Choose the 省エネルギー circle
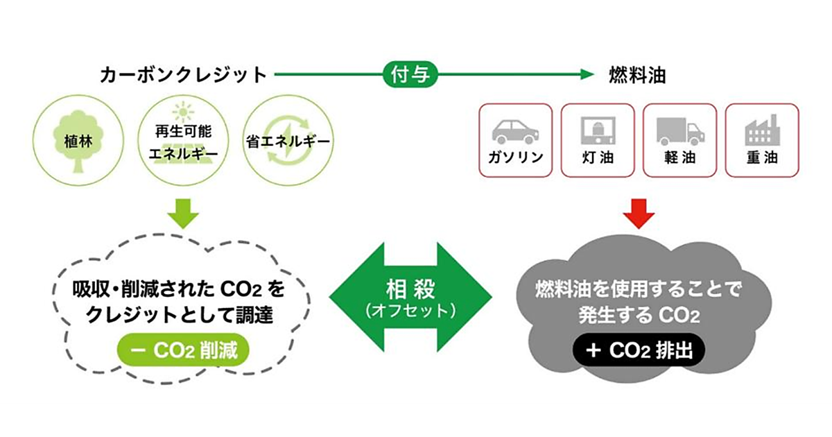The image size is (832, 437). (x=286, y=142)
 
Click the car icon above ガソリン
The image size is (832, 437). (x=515, y=130)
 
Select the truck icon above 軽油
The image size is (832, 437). (x=679, y=130)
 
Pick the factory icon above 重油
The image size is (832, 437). (x=762, y=130)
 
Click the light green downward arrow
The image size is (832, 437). (x=183, y=214)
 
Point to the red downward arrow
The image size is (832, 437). (x=638, y=214)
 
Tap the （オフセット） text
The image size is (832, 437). (x=410, y=310)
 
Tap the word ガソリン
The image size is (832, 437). (x=515, y=158)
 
